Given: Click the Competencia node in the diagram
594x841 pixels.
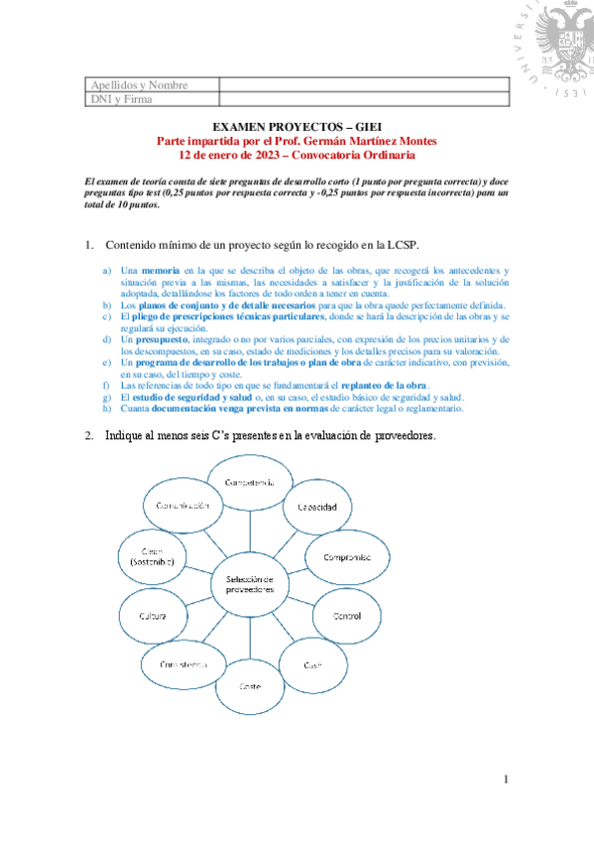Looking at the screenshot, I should [x=250, y=482].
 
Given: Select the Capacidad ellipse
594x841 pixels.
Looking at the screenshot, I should [x=316, y=507].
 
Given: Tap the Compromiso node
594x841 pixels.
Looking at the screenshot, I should [x=346, y=557].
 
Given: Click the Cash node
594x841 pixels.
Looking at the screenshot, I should [x=312, y=663].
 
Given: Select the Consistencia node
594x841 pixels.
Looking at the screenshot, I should [x=182, y=662].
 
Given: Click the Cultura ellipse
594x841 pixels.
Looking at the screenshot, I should [x=152, y=616].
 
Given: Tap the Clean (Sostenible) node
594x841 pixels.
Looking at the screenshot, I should [x=152, y=557].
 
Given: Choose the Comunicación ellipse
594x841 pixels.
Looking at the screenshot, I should [x=181, y=506].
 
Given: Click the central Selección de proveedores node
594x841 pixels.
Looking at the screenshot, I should [x=249, y=584].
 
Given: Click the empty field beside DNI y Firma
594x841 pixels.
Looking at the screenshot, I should [x=362, y=99].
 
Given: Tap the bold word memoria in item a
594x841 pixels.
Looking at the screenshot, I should [x=160, y=270].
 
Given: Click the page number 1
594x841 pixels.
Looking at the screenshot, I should [x=505, y=780].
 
